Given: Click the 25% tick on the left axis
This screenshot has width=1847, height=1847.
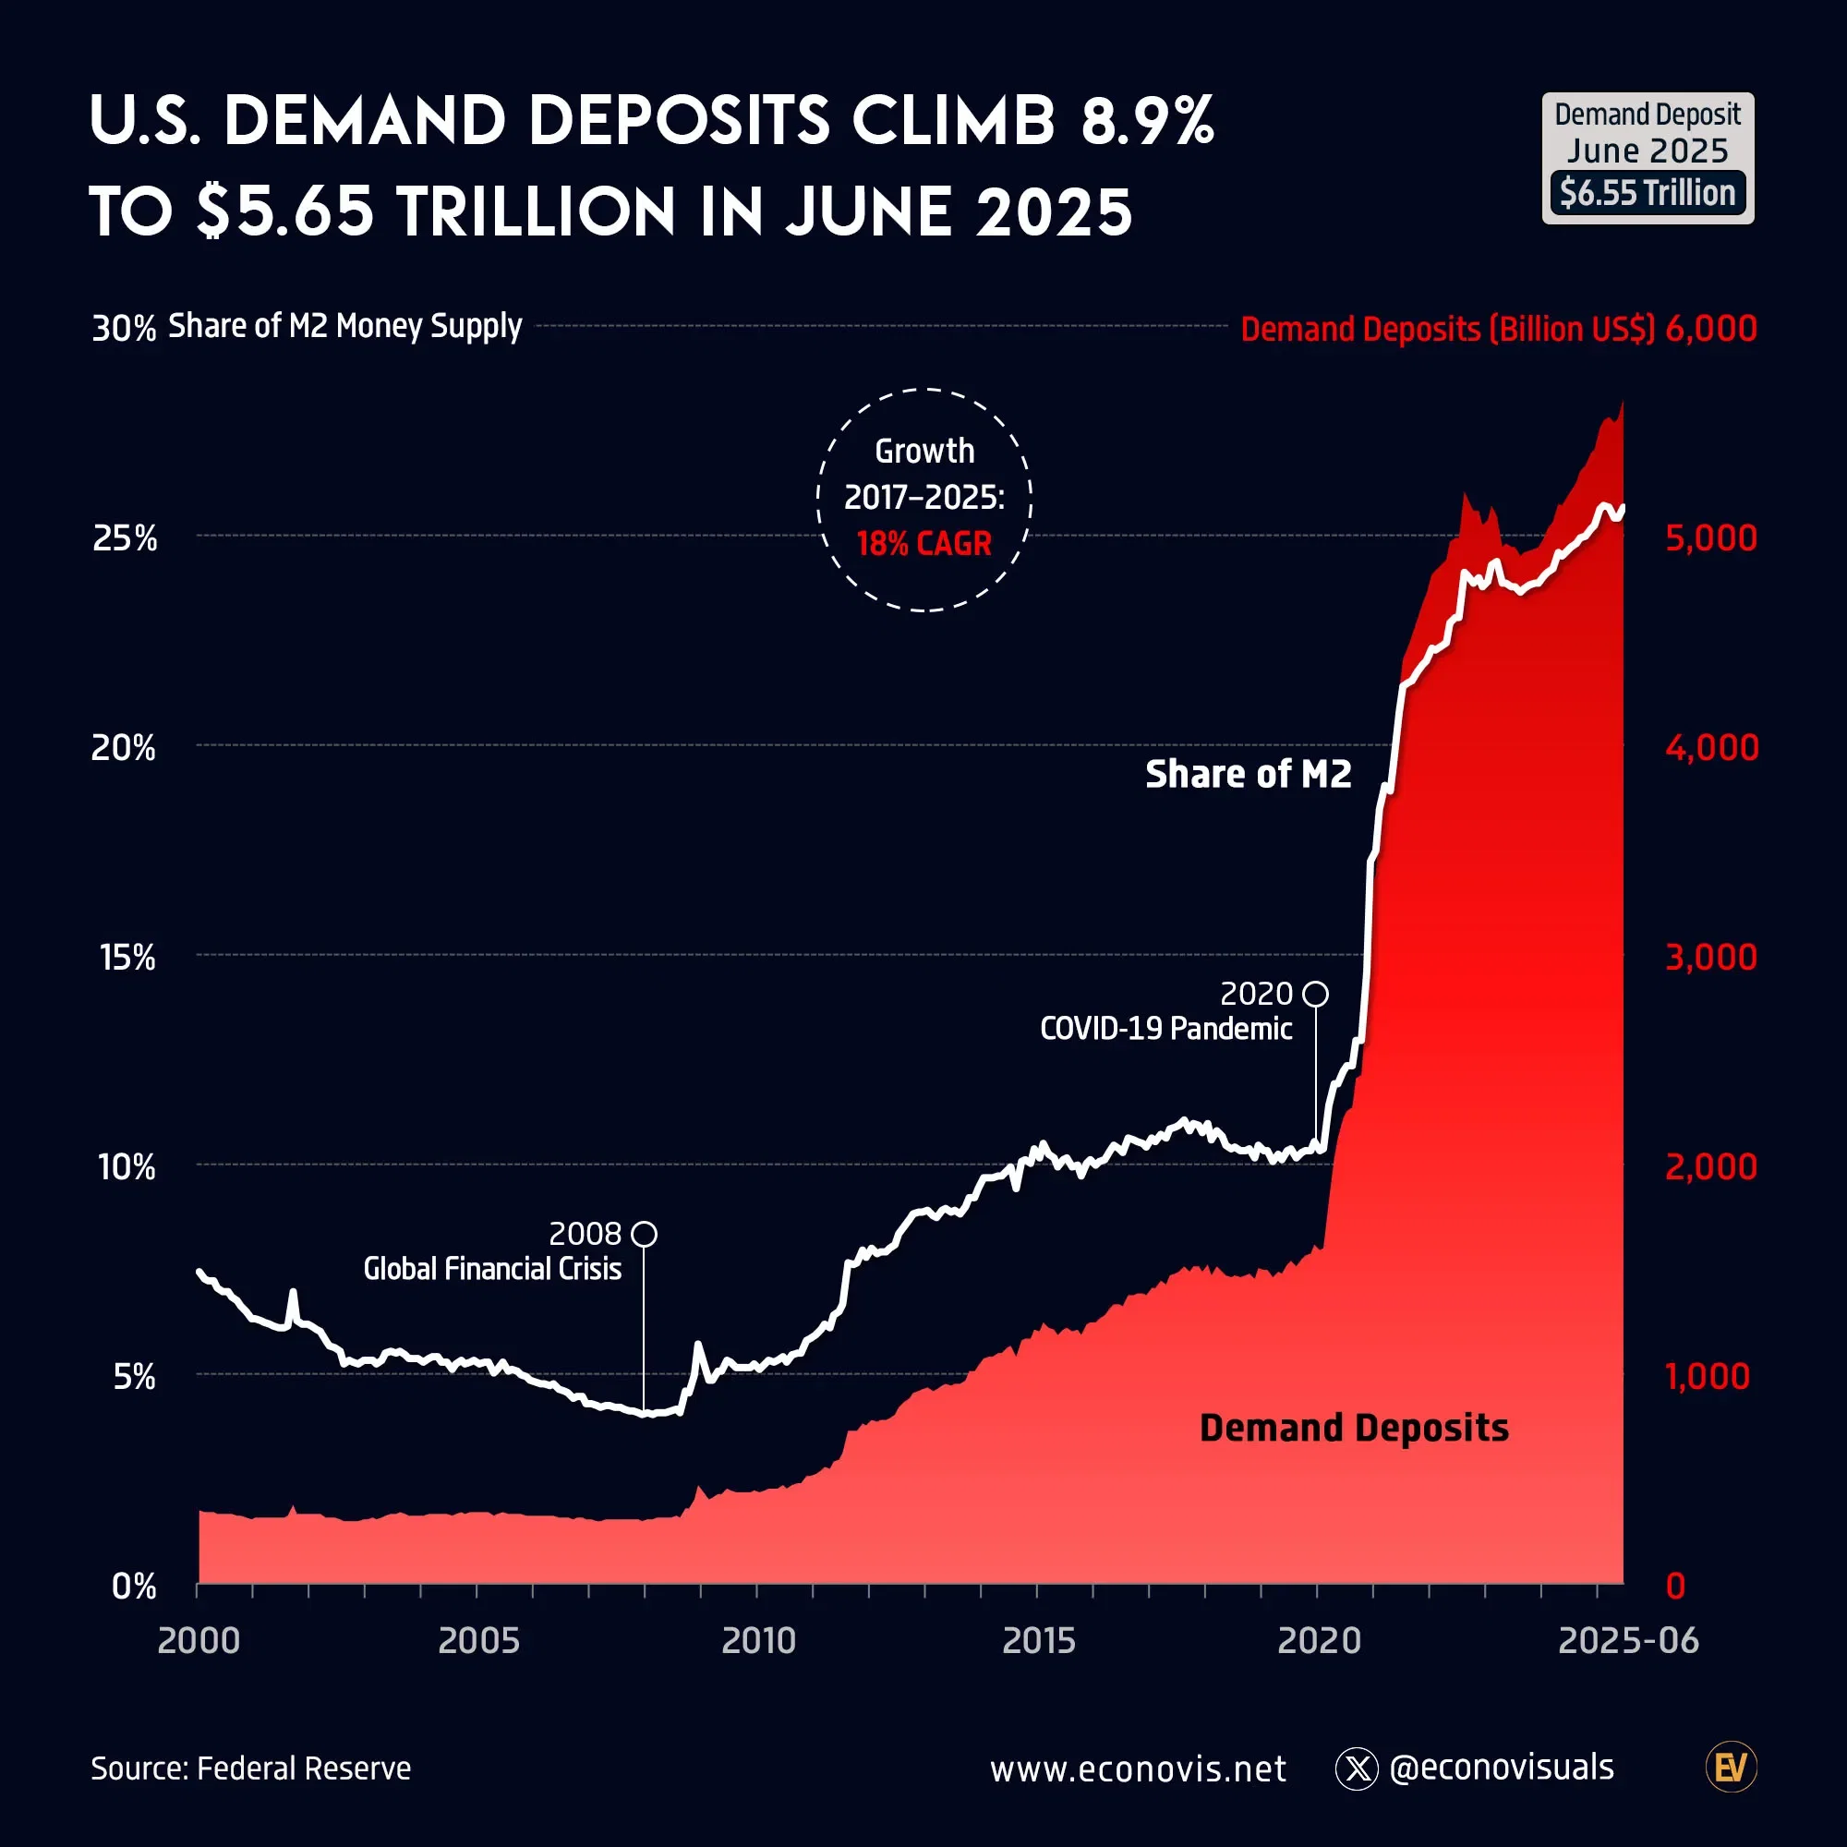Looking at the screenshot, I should (x=125, y=538).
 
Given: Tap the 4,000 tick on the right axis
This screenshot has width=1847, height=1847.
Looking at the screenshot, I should (x=1710, y=746).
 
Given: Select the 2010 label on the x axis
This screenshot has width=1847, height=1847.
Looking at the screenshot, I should (x=758, y=1640).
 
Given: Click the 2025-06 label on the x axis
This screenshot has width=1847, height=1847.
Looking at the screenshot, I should (x=1628, y=1640).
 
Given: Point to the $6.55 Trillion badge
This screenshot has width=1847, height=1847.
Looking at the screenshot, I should (x=1648, y=193).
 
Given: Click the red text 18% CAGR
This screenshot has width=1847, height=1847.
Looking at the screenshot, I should (x=923, y=543).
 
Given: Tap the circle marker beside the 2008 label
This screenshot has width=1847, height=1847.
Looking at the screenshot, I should (x=645, y=1233).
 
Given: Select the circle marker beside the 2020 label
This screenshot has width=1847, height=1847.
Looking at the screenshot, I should (x=1315, y=994).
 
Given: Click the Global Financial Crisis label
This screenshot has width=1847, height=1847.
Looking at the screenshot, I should (x=492, y=1269).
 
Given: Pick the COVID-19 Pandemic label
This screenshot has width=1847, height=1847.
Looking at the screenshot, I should (x=1165, y=1029).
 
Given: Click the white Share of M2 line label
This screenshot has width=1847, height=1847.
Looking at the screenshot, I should (x=1248, y=773).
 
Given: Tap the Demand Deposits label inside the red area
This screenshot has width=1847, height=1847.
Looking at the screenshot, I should (x=1354, y=1428).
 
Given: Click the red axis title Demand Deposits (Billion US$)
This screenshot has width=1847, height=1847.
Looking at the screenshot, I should (x=1446, y=329).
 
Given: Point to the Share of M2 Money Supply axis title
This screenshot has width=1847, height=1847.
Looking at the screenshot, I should (x=345, y=326).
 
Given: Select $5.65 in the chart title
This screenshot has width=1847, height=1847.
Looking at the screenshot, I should (x=284, y=211).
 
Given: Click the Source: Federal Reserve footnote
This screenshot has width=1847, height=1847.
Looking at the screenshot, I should (x=250, y=1768).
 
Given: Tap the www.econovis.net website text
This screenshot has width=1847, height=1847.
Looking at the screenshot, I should (x=1138, y=1769).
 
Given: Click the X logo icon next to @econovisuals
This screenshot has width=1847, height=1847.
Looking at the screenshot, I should (x=1356, y=1769).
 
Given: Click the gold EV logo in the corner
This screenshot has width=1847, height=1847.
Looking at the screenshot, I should (x=1731, y=1768).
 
